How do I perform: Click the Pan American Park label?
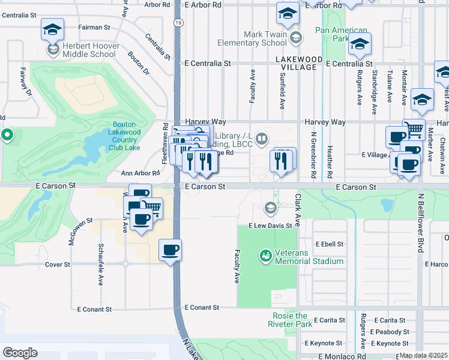coord(341,34)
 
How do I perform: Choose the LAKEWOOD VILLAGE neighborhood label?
coord(295,63)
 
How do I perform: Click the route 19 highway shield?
coord(179,22)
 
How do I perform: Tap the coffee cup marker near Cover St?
coord(170,249)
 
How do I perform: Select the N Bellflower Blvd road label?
coord(419,222)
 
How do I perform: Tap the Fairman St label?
coord(94,27)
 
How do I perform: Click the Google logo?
coord(20,353)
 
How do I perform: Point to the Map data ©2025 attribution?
coord(423,355)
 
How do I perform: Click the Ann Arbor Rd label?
coord(140,173)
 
